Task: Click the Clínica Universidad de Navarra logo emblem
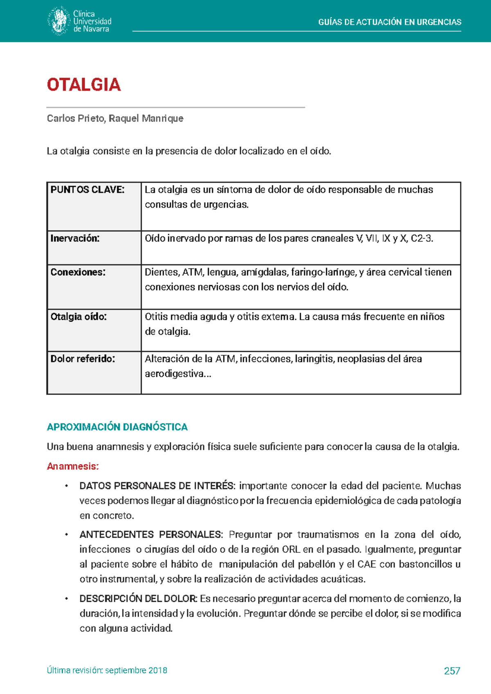pos(58,21)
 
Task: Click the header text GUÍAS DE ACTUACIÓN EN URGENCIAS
pos(390,22)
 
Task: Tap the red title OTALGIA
pos(84,85)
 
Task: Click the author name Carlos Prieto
pos(76,119)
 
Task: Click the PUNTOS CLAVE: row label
pos(87,190)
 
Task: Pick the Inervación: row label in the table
pos(75,239)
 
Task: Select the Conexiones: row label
pos(78,273)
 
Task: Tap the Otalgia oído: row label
pos(79,317)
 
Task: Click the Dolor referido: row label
pos(83,359)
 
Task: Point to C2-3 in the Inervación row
pos(421,239)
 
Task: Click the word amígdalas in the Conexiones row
pos(264,273)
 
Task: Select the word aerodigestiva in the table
pos(174,374)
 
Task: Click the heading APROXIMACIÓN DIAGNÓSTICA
pos(117,427)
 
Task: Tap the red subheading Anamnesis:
pos(73,466)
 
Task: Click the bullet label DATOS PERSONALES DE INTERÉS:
pos(157,486)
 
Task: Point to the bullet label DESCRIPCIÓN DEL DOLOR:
pos(138,599)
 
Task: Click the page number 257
pos(452,671)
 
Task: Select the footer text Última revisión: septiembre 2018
pos(107,671)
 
